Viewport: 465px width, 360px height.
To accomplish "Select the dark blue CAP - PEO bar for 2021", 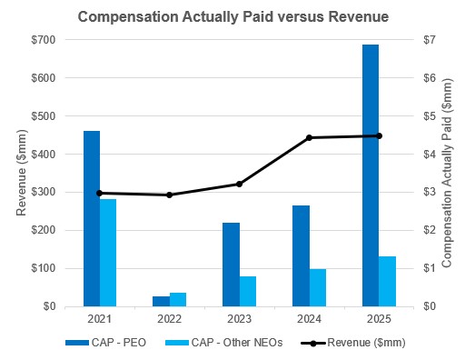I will (92, 218).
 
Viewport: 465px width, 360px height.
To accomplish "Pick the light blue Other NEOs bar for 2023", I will (247, 291).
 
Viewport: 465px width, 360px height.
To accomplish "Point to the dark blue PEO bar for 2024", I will (301, 255).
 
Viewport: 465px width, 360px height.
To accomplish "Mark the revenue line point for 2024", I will (309, 137).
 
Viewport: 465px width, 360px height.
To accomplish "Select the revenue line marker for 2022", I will (169, 195).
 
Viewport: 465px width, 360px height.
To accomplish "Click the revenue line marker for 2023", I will (239, 184).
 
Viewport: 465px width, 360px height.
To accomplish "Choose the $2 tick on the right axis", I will (420, 231).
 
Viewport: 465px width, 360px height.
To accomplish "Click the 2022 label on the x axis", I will (169, 320).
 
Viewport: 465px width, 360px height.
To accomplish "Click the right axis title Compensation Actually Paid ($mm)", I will (448, 173).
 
